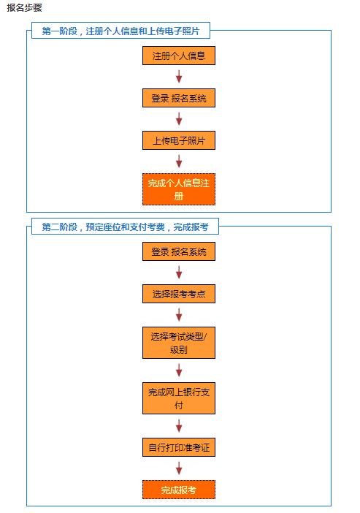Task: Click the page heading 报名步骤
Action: point(25,7)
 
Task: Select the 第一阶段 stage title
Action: point(120,31)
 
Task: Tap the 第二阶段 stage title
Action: point(125,227)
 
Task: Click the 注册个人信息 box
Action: point(179,56)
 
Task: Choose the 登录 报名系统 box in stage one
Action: point(179,98)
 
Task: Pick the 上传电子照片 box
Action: point(179,140)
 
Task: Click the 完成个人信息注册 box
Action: point(179,189)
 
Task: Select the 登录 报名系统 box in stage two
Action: point(179,251)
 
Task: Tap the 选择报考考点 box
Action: point(179,294)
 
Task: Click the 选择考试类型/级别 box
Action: point(179,343)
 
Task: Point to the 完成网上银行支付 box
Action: point(179,398)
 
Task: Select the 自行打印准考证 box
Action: point(179,447)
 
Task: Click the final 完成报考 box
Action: point(179,490)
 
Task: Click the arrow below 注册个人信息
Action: point(179,76)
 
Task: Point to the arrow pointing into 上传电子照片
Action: point(179,119)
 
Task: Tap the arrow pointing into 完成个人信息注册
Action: point(179,161)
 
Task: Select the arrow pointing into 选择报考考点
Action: point(179,272)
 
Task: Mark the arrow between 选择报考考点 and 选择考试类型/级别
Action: point(179,315)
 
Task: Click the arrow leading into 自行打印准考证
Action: point(179,425)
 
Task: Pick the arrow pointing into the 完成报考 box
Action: point(179,468)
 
